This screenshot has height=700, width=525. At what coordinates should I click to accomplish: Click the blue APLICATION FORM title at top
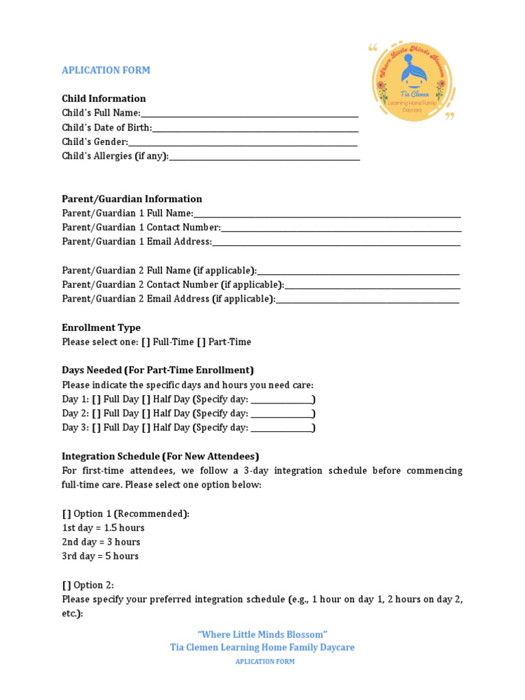(x=106, y=70)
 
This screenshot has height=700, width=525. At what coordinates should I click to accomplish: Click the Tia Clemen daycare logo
(x=413, y=81)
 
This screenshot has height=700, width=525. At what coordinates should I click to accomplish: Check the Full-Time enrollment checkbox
(x=145, y=342)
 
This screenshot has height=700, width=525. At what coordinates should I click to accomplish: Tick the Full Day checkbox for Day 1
(x=96, y=399)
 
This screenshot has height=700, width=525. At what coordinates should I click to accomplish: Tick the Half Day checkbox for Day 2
(x=146, y=414)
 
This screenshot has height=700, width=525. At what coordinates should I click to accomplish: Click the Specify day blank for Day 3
(x=282, y=429)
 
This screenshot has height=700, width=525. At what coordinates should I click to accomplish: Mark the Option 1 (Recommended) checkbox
(x=66, y=513)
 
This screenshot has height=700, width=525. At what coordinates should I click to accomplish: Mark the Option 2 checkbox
(x=66, y=585)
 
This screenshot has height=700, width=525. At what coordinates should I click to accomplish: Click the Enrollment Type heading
(x=101, y=327)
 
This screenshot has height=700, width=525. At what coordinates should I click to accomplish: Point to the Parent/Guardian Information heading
(x=132, y=199)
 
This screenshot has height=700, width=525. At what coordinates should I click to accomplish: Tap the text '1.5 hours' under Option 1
(x=124, y=528)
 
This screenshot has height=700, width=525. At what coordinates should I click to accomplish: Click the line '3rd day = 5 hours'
(x=100, y=556)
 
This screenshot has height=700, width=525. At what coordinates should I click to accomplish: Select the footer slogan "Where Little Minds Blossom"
(x=262, y=634)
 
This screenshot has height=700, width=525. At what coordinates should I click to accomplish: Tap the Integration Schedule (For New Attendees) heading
(x=161, y=456)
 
